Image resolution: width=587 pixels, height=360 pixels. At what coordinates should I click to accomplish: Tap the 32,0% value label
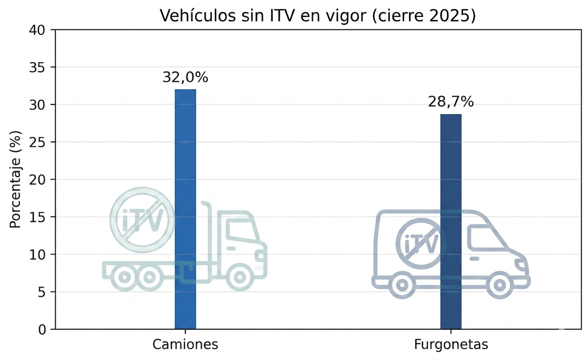click(185, 78)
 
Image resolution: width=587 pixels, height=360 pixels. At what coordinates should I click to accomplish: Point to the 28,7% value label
click(451, 102)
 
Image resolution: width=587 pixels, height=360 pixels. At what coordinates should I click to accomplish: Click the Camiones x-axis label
click(185, 345)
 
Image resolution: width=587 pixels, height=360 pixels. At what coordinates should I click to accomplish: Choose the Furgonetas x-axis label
click(451, 345)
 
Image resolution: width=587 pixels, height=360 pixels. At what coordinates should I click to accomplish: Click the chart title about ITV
click(318, 16)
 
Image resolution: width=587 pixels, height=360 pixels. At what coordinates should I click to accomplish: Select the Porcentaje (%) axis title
click(16, 180)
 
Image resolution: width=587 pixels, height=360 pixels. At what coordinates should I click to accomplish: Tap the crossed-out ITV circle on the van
click(421, 244)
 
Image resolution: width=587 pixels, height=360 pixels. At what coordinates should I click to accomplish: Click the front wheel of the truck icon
click(239, 277)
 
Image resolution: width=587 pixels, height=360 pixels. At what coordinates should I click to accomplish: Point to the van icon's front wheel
click(499, 285)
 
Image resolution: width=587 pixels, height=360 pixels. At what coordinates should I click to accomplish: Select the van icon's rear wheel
click(402, 285)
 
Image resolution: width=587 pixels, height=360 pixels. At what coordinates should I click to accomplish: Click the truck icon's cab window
click(240, 230)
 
